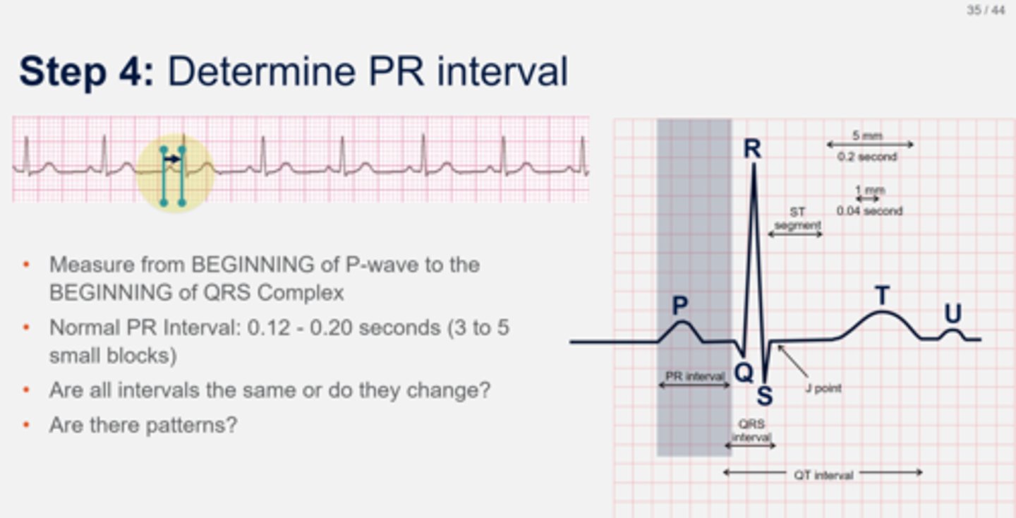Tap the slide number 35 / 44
(986, 11)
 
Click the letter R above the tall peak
(752, 149)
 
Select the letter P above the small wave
(679, 306)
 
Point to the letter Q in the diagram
(743, 373)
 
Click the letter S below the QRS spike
(764, 397)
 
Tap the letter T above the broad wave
(881, 296)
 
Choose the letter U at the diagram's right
(953, 314)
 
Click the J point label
(823, 387)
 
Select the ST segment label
(797, 218)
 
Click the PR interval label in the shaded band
(695, 376)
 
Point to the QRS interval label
(751, 430)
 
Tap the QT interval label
(823, 475)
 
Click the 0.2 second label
(867, 157)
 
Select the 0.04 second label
(869, 210)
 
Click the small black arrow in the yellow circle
(171, 159)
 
